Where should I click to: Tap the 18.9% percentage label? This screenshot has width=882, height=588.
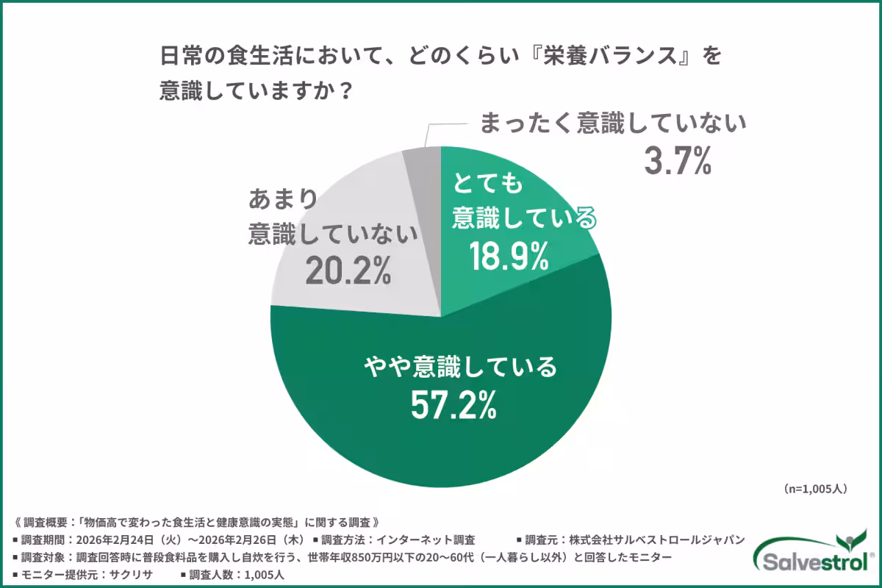pos(510,255)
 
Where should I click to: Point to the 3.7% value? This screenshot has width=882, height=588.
pos(678,160)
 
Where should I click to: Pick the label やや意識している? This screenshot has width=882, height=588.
pos(462,366)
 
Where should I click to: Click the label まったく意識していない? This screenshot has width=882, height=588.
pos(613,121)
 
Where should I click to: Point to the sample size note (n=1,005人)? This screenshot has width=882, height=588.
pos(816,488)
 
